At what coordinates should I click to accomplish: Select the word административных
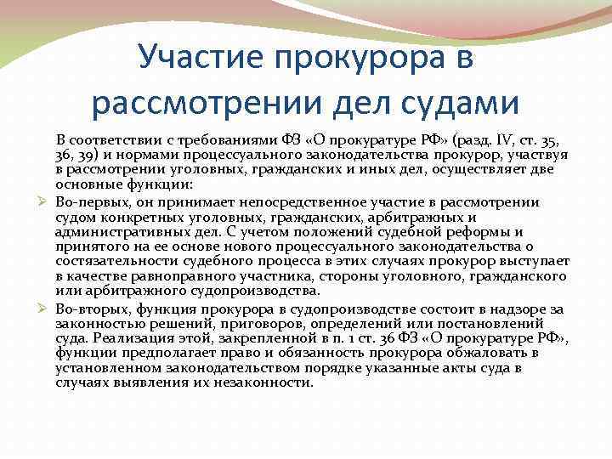coord(110,232)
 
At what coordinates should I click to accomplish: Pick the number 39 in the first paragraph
coord(87,154)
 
